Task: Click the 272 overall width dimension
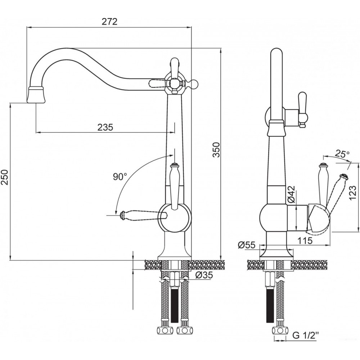[110, 22]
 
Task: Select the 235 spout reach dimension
[105, 127]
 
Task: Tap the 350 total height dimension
[215, 150]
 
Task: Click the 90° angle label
[120, 177]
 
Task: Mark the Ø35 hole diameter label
[204, 275]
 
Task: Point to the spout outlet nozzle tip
[37, 96]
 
